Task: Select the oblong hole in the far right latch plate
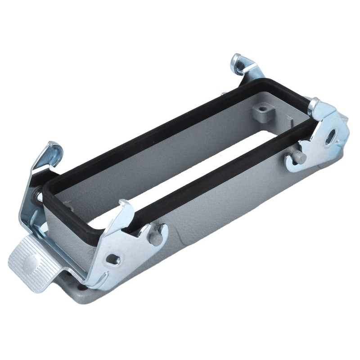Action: [333, 136]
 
